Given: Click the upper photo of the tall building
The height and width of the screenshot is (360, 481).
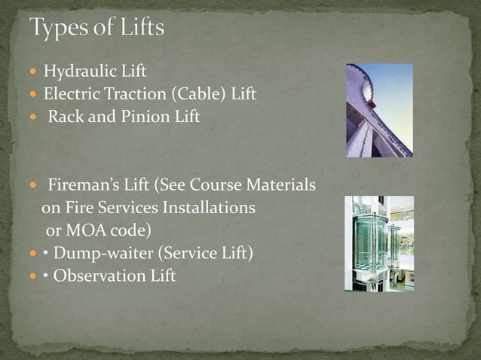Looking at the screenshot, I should pos(379,110).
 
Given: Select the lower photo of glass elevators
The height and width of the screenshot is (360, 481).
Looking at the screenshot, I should pos(379,243).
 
